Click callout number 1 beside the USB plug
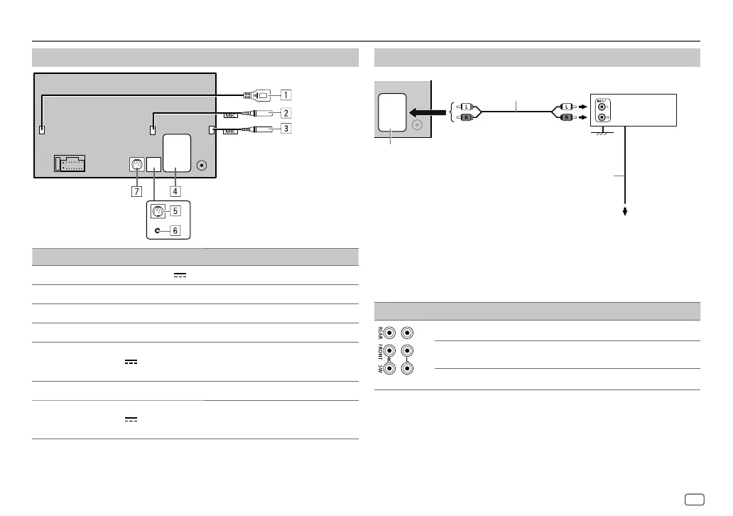coord(284,94)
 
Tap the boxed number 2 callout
coord(284,112)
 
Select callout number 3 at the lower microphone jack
coord(284,129)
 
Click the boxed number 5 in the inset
coord(174,210)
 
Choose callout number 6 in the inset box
coord(174,230)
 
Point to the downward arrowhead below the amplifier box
coord(626,210)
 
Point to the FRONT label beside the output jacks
coord(379,353)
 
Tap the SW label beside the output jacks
coord(379,371)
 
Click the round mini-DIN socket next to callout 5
coord(157,210)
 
